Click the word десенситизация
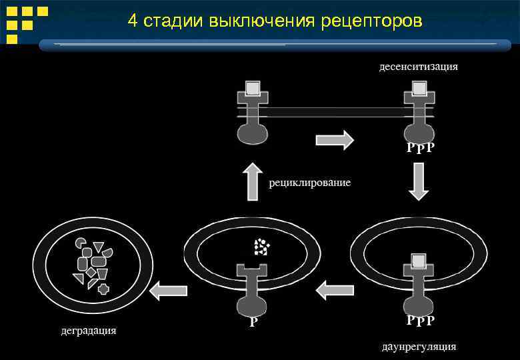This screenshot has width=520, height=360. tap(418, 67)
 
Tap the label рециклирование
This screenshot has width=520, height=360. tap(310, 183)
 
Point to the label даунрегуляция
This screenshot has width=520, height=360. tap(419, 347)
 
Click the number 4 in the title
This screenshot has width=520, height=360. tap(133, 21)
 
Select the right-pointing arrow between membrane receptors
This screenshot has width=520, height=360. tap(334, 141)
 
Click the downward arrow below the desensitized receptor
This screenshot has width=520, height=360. tap(418, 182)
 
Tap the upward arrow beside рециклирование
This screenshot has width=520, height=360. tap(252, 181)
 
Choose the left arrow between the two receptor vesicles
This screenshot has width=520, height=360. tap(335, 290)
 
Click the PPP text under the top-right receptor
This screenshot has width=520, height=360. tap(421, 147)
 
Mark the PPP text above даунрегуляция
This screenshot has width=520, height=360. tap(421, 321)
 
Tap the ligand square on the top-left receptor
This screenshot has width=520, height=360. tap(252, 88)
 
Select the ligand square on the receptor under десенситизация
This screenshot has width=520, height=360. tap(419, 88)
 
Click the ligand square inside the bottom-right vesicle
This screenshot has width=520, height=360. tap(418, 261)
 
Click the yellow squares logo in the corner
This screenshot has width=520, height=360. tap(26, 24)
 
